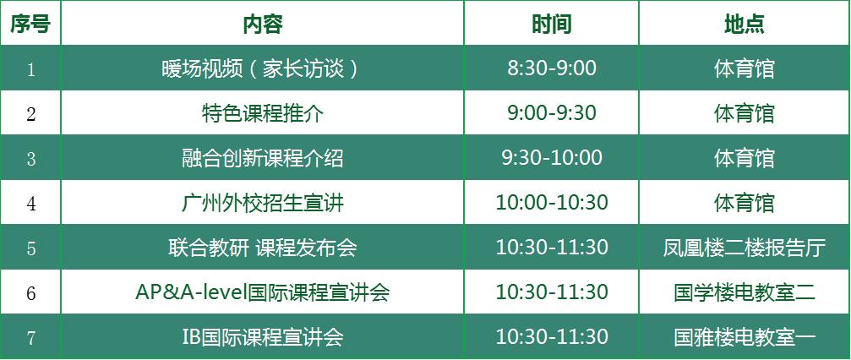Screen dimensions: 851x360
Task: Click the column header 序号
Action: point(30,24)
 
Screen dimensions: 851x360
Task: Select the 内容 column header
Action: point(263,24)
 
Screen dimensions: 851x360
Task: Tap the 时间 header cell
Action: point(551,24)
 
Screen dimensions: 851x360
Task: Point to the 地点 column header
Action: point(744,24)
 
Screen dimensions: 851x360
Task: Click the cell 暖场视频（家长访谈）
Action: point(263,68)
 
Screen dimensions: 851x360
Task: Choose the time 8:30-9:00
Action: point(551,68)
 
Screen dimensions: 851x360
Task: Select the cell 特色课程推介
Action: point(263,113)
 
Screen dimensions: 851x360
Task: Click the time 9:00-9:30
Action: point(551,113)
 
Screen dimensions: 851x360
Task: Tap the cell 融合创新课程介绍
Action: point(263,158)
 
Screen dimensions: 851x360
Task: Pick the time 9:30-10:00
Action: point(551,158)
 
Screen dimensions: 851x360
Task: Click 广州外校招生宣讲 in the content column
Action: point(263,203)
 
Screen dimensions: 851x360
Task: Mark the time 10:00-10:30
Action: point(551,203)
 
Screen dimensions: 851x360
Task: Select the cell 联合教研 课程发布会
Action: point(263,248)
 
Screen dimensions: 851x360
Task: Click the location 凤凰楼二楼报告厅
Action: point(744,248)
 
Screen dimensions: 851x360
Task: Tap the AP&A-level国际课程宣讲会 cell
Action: point(263,292)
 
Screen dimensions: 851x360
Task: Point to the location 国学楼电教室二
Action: point(744,292)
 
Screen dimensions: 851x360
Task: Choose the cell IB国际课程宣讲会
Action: point(263,337)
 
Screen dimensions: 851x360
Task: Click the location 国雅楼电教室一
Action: point(744,337)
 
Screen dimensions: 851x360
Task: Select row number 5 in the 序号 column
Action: point(31,248)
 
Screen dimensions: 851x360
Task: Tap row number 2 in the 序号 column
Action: point(31,114)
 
